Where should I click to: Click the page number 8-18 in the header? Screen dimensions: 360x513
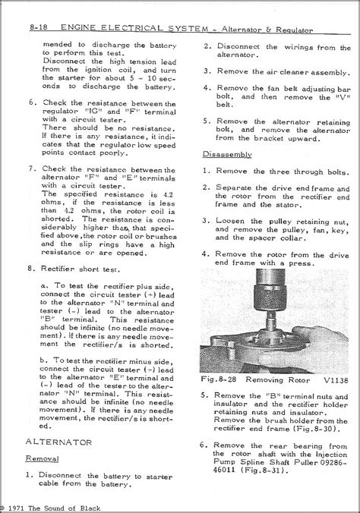pyautogui.click(x=38, y=27)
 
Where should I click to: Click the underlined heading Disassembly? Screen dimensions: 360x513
pyautogui.click(x=227, y=154)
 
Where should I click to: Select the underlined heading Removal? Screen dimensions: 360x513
pyautogui.click(x=43, y=458)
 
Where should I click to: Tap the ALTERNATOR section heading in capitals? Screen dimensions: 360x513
pyautogui.click(x=58, y=442)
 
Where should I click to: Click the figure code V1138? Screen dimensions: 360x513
pyautogui.click(x=336, y=380)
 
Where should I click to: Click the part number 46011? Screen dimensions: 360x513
pyautogui.click(x=224, y=471)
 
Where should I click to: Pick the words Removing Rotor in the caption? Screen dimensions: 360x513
pyautogui.click(x=277, y=380)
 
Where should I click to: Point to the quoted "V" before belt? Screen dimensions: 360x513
pyautogui.click(x=343, y=97)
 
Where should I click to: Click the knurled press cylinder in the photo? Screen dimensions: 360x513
pyautogui.click(x=270, y=297)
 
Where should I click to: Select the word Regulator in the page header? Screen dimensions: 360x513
pyautogui.click(x=294, y=30)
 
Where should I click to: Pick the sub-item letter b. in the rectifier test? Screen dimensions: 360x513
pyautogui.click(x=44, y=360)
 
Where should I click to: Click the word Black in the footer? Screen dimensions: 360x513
pyautogui.click(x=90, y=508)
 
